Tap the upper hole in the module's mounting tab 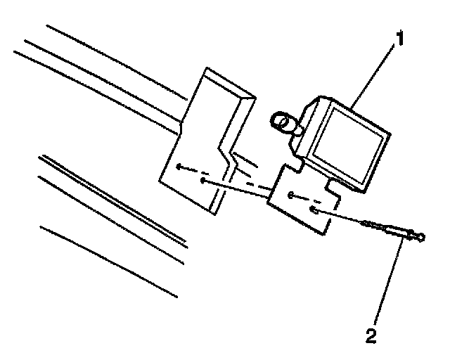[x=291, y=195]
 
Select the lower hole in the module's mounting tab [x=314, y=210]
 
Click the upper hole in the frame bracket [x=181, y=167]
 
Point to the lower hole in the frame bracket [x=202, y=181]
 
